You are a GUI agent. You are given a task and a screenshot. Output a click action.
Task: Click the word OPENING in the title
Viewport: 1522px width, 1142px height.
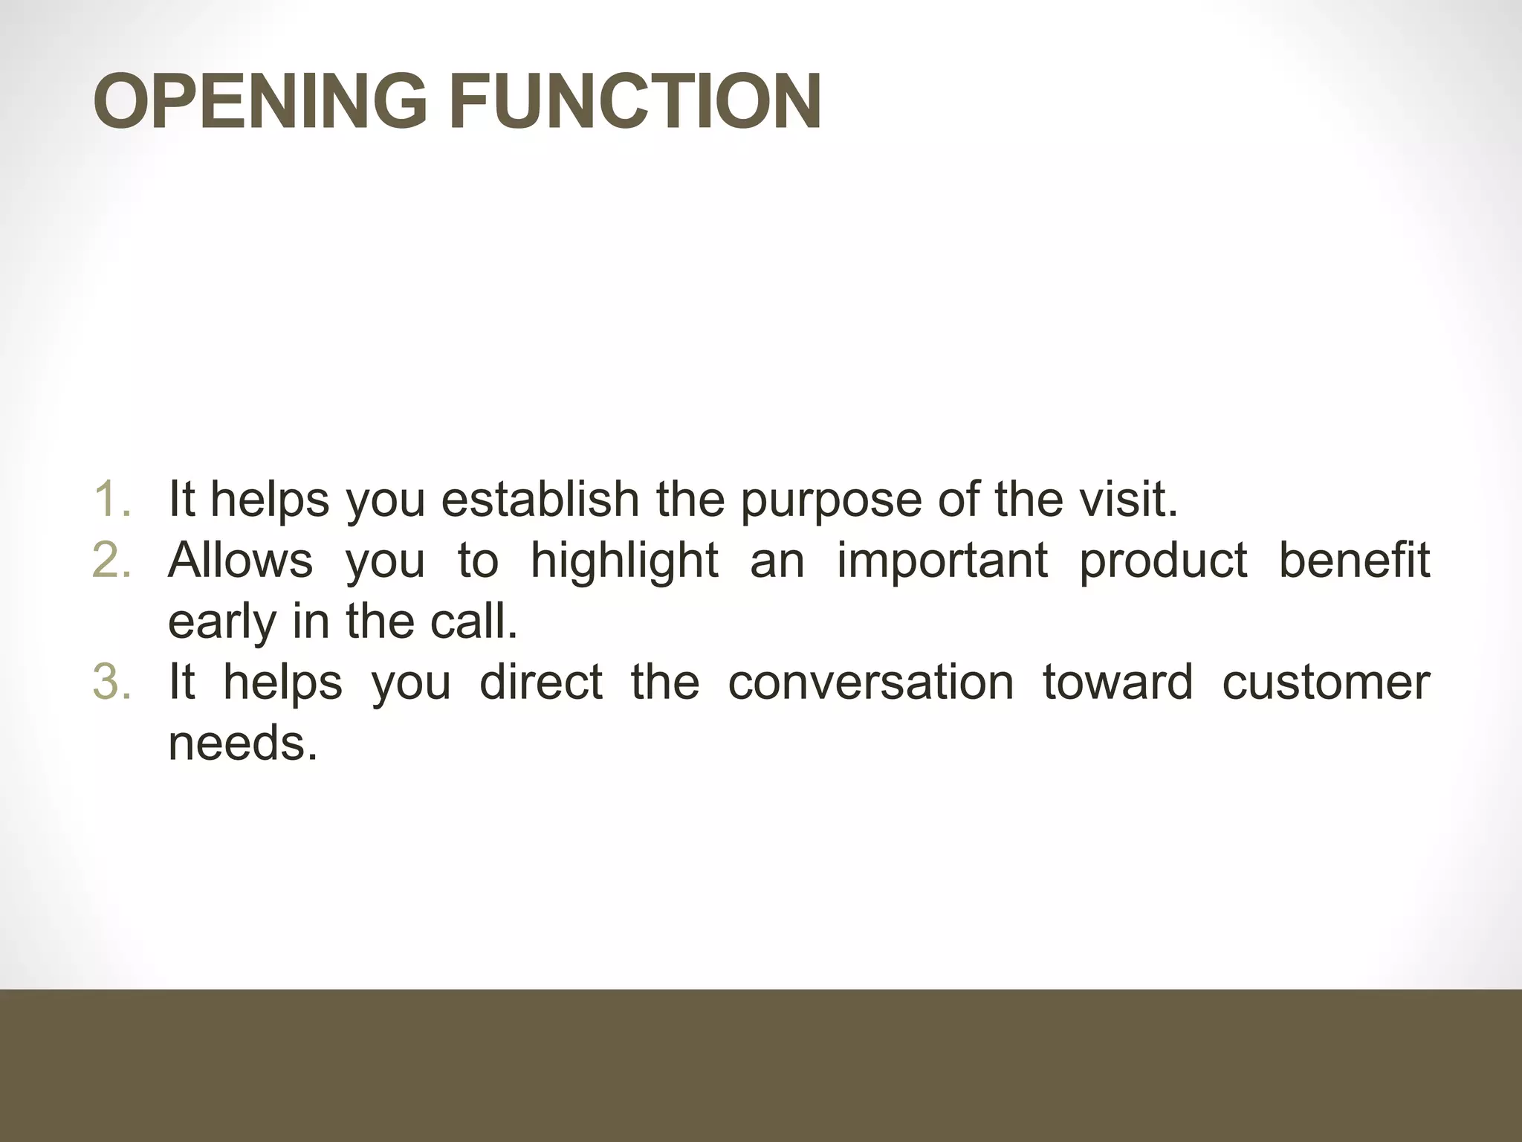[260, 102]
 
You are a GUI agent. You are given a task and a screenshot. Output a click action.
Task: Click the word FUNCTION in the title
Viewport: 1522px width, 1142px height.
[635, 102]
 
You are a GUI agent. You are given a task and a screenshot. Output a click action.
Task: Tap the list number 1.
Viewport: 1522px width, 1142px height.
[112, 499]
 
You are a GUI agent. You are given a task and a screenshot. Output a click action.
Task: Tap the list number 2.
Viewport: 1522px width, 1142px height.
[112, 560]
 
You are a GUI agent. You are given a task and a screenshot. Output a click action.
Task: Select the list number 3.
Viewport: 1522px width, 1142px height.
[112, 682]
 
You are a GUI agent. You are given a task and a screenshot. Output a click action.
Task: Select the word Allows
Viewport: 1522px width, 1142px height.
[240, 560]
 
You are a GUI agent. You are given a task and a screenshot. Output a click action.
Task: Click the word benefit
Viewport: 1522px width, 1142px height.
[1354, 560]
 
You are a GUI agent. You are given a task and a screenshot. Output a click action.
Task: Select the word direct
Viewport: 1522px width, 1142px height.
[541, 682]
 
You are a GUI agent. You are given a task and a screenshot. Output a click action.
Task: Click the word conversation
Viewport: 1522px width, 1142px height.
[870, 682]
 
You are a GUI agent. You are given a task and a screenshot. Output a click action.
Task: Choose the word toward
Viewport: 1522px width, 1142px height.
[1117, 682]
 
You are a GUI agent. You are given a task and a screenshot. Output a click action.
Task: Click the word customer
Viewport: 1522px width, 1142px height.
[1326, 682]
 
